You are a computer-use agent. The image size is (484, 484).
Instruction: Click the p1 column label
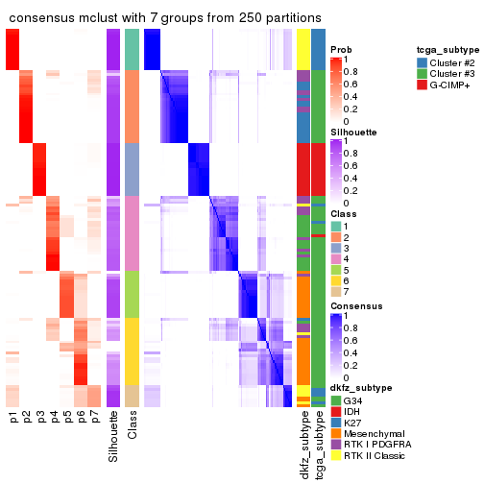click(13, 420)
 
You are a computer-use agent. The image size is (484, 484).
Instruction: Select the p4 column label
click(54, 420)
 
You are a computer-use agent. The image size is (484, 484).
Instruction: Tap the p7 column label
click(94, 420)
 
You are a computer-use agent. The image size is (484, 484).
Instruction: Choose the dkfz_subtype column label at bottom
click(303, 445)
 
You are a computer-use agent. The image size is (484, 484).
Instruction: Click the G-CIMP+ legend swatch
click(423, 85)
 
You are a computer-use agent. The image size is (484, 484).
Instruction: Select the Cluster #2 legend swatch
click(423, 62)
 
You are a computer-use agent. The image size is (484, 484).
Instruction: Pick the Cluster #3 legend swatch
click(423, 74)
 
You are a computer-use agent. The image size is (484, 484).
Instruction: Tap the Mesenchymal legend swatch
click(335, 434)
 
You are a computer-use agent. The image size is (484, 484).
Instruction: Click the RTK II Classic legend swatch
click(335, 457)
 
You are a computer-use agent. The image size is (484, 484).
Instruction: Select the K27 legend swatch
click(335, 423)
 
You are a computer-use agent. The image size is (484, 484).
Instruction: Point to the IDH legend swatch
click(335, 411)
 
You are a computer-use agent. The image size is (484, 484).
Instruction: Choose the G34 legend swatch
click(335, 399)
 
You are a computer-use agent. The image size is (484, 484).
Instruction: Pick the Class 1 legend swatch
click(335, 224)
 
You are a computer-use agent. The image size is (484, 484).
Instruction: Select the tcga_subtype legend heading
click(448, 49)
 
